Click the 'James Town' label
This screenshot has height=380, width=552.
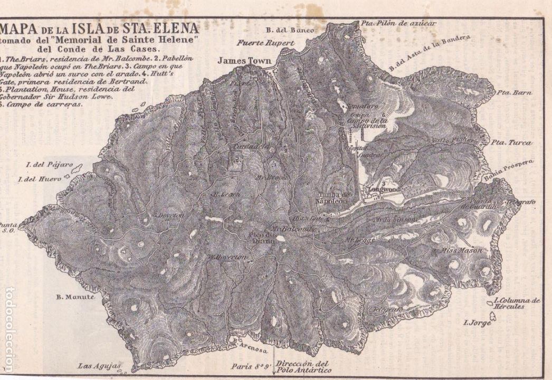point(240,61)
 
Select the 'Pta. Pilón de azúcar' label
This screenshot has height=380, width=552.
point(398,23)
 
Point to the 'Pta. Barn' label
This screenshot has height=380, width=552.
point(514,93)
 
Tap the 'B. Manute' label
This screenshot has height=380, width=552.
point(75,297)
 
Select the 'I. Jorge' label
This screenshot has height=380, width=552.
point(477,322)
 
